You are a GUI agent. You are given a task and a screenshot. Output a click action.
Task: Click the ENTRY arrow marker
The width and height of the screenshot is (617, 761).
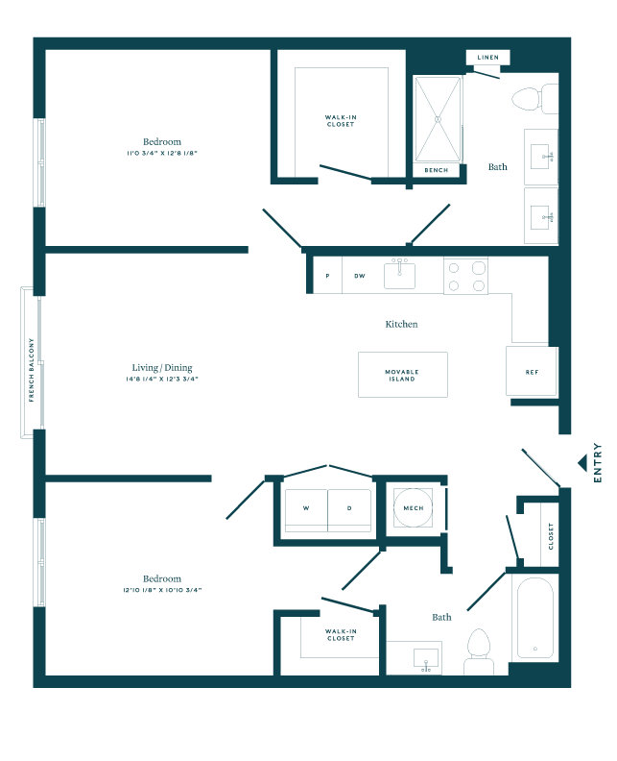[x=581, y=462]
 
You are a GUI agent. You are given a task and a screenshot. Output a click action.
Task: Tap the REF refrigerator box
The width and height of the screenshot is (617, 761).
[x=531, y=371]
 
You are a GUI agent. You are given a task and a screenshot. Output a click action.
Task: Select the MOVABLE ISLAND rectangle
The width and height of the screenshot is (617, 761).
[x=402, y=374]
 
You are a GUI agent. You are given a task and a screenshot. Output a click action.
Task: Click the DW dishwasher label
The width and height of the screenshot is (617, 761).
[x=360, y=276]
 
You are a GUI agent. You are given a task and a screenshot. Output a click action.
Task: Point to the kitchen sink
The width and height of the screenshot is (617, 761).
[x=400, y=275]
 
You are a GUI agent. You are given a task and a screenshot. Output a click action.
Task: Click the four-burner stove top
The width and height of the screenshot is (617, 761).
[x=464, y=276]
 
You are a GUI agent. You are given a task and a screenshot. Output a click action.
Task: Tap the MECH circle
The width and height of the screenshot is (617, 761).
[x=414, y=507]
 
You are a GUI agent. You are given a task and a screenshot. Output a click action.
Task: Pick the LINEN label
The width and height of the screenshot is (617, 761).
[x=487, y=59]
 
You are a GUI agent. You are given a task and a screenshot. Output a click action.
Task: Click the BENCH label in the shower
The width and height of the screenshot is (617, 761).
[x=437, y=170]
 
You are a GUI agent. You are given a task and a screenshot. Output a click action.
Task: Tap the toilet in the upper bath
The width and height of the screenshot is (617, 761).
[x=534, y=98]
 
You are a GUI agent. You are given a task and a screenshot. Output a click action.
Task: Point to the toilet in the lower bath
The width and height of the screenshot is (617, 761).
[x=478, y=652]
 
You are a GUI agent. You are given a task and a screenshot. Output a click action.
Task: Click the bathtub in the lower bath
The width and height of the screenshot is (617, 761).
[x=534, y=618]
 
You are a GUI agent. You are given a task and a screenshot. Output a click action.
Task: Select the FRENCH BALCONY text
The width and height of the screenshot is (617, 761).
[x=31, y=369]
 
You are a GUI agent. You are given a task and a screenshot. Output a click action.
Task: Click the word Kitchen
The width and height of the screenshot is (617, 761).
[x=401, y=324]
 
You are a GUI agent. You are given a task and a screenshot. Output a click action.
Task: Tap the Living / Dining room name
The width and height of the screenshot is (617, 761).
[x=162, y=368]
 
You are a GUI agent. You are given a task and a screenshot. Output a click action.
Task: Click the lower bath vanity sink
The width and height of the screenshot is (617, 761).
[x=424, y=658]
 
